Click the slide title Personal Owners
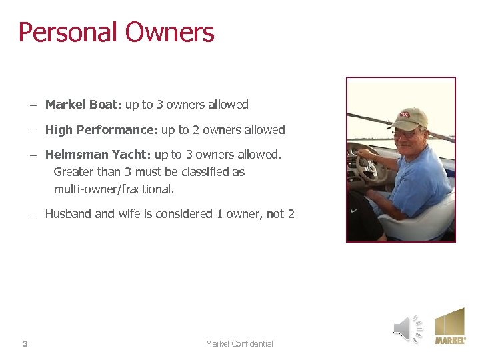click(116, 33)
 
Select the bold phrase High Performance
click(100, 130)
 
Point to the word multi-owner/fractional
click(113, 189)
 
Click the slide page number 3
click(25, 344)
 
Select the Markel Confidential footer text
click(239, 344)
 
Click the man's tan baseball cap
click(409, 119)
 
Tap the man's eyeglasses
click(404, 134)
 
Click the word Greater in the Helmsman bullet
click(74, 172)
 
